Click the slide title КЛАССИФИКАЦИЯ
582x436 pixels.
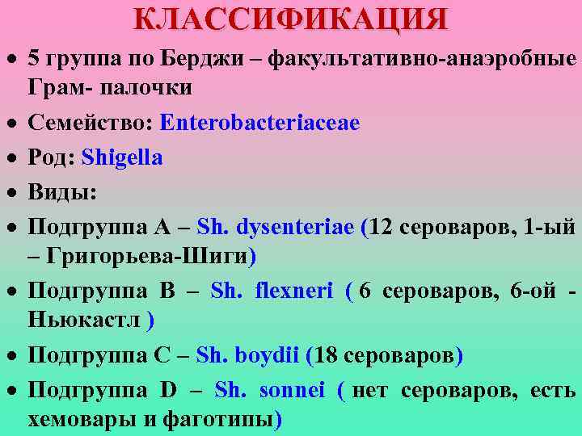290,18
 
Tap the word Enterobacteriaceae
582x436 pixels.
259,124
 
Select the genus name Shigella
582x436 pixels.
128,157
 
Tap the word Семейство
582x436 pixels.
90,124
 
